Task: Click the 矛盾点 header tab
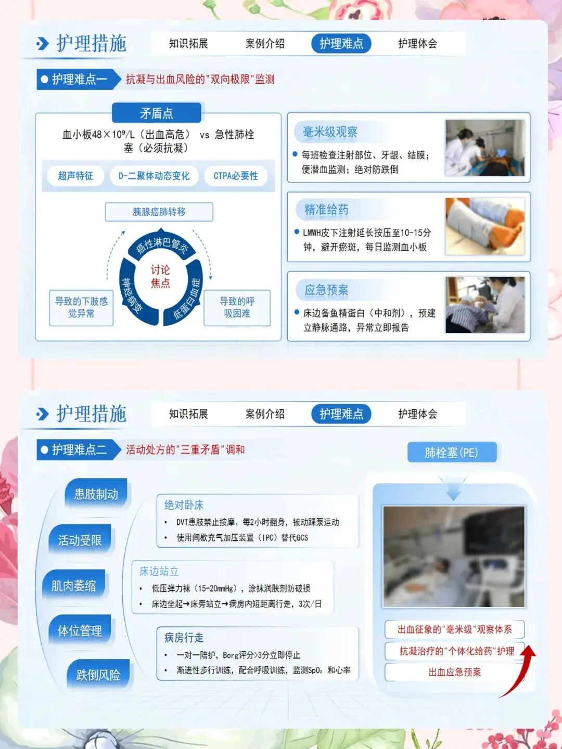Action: pyautogui.click(x=157, y=112)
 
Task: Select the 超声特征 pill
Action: pyautogui.click(x=75, y=176)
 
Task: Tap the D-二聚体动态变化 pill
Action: pyautogui.click(x=154, y=176)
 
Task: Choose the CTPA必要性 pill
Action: pyautogui.click(x=235, y=176)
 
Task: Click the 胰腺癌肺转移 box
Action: pyautogui.click(x=159, y=212)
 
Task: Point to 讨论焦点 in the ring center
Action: pyautogui.click(x=160, y=276)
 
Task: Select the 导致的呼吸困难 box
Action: pyautogui.click(x=237, y=307)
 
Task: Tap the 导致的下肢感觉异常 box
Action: pyautogui.click(x=81, y=307)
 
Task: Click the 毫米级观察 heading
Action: pyautogui.click(x=330, y=132)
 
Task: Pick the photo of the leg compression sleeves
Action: pyautogui.click(x=485, y=226)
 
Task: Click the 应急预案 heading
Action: pyautogui.click(x=326, y=290)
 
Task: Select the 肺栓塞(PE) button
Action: pyautogui.click(x=452, y=453)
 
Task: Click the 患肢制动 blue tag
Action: pyautogui.click(x=96, y=494)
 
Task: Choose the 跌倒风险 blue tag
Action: pyautogui.click(x=98, y=674)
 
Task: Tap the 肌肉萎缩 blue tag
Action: pyautogui.click(x=73, y=586)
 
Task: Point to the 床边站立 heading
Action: pyautogui.click(x=159, y=571)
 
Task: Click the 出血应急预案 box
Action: pyautogui.click(x=454, y=672)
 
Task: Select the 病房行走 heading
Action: pyautogui.click(x=184, y=637)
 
